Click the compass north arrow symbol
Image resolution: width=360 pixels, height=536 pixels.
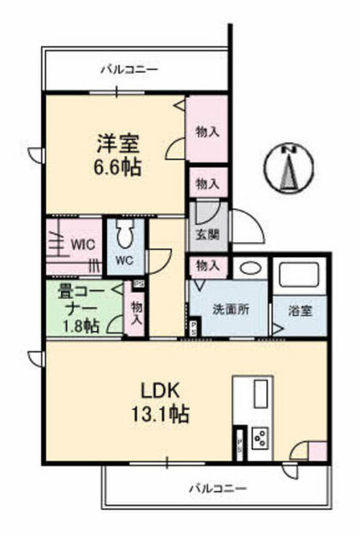289,167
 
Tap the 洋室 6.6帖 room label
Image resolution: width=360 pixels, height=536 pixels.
118,156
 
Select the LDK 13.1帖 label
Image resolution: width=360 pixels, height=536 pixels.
161,404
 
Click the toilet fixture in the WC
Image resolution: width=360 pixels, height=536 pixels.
125,233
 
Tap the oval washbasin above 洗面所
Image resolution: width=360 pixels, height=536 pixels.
249,268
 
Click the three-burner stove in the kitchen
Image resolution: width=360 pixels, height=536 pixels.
260,438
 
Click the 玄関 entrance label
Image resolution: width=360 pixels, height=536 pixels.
208,234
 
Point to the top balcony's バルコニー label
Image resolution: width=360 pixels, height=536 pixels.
130,70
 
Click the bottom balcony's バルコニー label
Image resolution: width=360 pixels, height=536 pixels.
218,487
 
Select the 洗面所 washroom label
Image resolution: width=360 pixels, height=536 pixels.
230,309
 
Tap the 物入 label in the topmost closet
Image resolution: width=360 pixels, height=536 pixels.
208,131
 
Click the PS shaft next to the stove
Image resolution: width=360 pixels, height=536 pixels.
240,443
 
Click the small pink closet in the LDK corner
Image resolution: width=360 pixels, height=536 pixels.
317,451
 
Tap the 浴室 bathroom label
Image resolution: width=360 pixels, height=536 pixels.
301,311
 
